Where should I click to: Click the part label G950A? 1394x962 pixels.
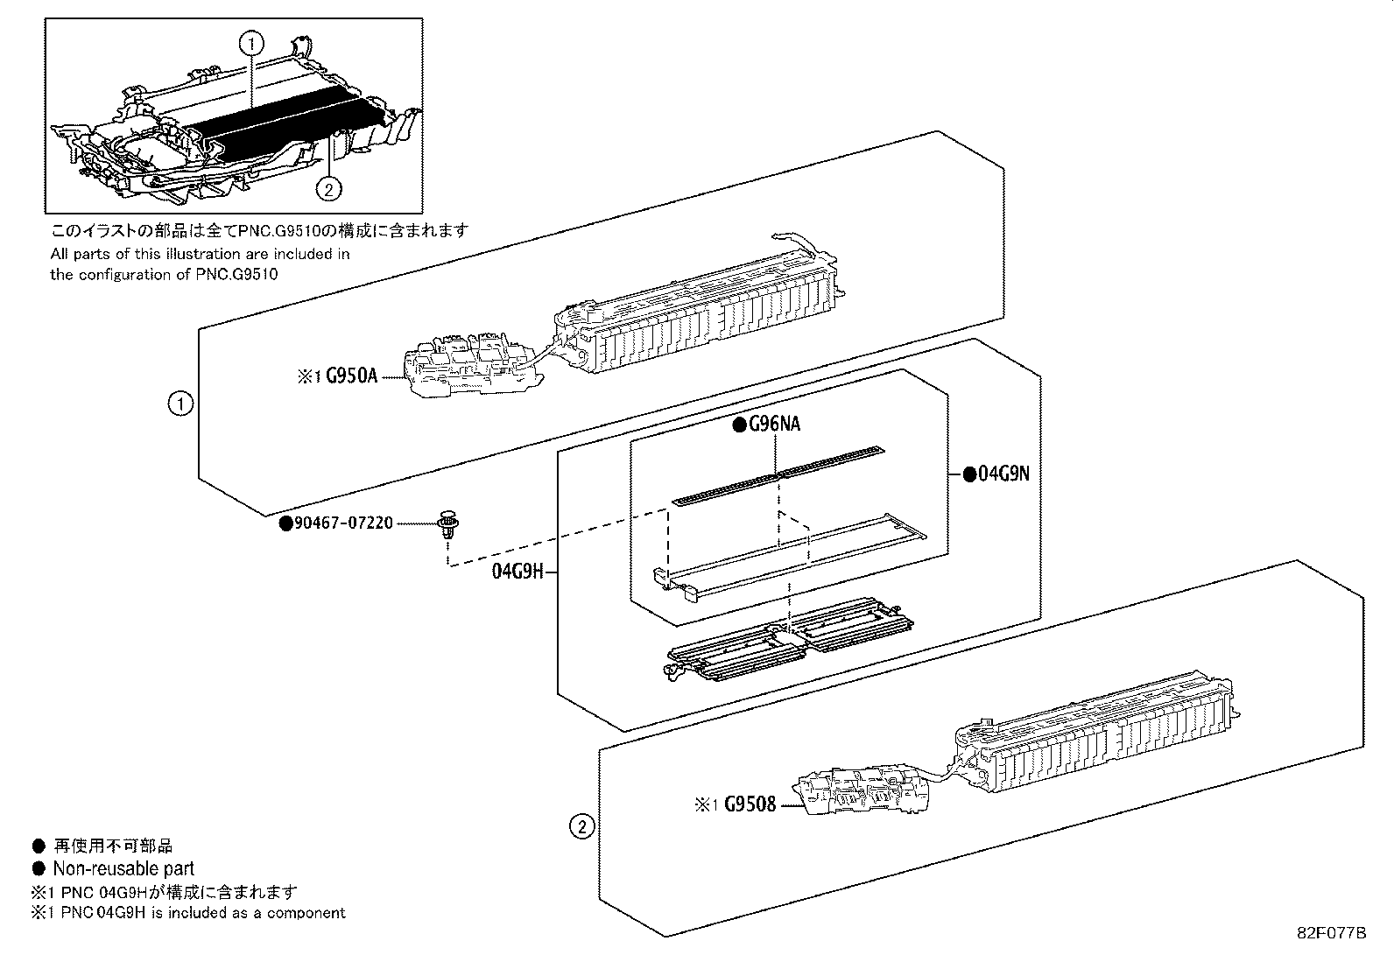(352, 376)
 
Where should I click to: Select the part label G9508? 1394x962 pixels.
(750, 804)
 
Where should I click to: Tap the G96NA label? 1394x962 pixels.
(774, 424)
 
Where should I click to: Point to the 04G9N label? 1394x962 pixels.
(1003, 474)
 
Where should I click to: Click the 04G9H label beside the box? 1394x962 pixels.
(517, 572)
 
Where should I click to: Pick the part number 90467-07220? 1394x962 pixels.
(343, 523)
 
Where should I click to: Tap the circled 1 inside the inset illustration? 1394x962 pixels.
(251, 44)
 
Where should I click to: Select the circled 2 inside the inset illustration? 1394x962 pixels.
(329, 188)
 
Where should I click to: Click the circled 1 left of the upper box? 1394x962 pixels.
(180, 404)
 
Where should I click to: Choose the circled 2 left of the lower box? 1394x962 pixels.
(582, 827)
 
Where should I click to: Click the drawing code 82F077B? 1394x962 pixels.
(1331, 933)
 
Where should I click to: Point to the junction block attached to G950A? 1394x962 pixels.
(473, 366)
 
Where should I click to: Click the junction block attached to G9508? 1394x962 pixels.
(862, 791)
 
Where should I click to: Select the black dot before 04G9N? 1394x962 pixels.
(969, 474)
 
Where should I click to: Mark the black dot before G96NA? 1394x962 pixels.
(739, 425)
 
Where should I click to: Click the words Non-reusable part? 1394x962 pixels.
(123, 868)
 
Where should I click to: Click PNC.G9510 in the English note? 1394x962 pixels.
(237, 274)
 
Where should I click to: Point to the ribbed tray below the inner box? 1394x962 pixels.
(789, 639)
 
